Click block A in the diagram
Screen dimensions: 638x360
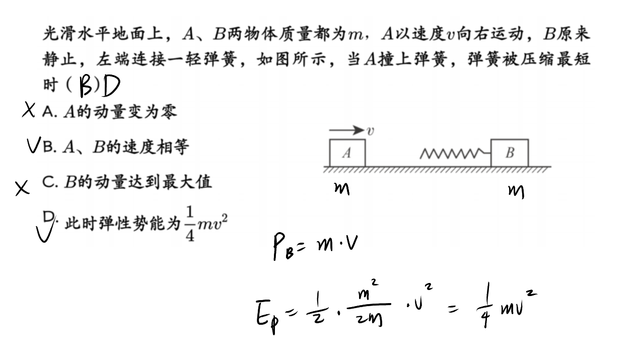click(347, 153)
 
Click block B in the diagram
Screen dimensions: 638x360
click(510, 153)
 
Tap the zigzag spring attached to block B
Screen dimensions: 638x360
click(455, 154)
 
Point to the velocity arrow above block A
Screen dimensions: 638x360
click(346, 130)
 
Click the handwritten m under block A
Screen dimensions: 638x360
click(342, 189)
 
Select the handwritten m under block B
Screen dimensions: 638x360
click(516, 192)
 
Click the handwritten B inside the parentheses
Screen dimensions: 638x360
click(86, 86)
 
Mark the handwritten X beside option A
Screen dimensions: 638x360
click(29, 110)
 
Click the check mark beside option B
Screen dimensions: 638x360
click(34, 145)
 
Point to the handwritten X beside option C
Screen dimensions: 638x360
click(22, 188)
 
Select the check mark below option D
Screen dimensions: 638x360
click(45, 232)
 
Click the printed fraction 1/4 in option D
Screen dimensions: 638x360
click(190, 224)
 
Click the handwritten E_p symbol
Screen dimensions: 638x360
click(267, 317)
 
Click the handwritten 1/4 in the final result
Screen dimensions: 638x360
click(485, 305)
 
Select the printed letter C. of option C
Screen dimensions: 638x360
click(50, 182)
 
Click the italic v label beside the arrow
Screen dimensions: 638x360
click(370, 131)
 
